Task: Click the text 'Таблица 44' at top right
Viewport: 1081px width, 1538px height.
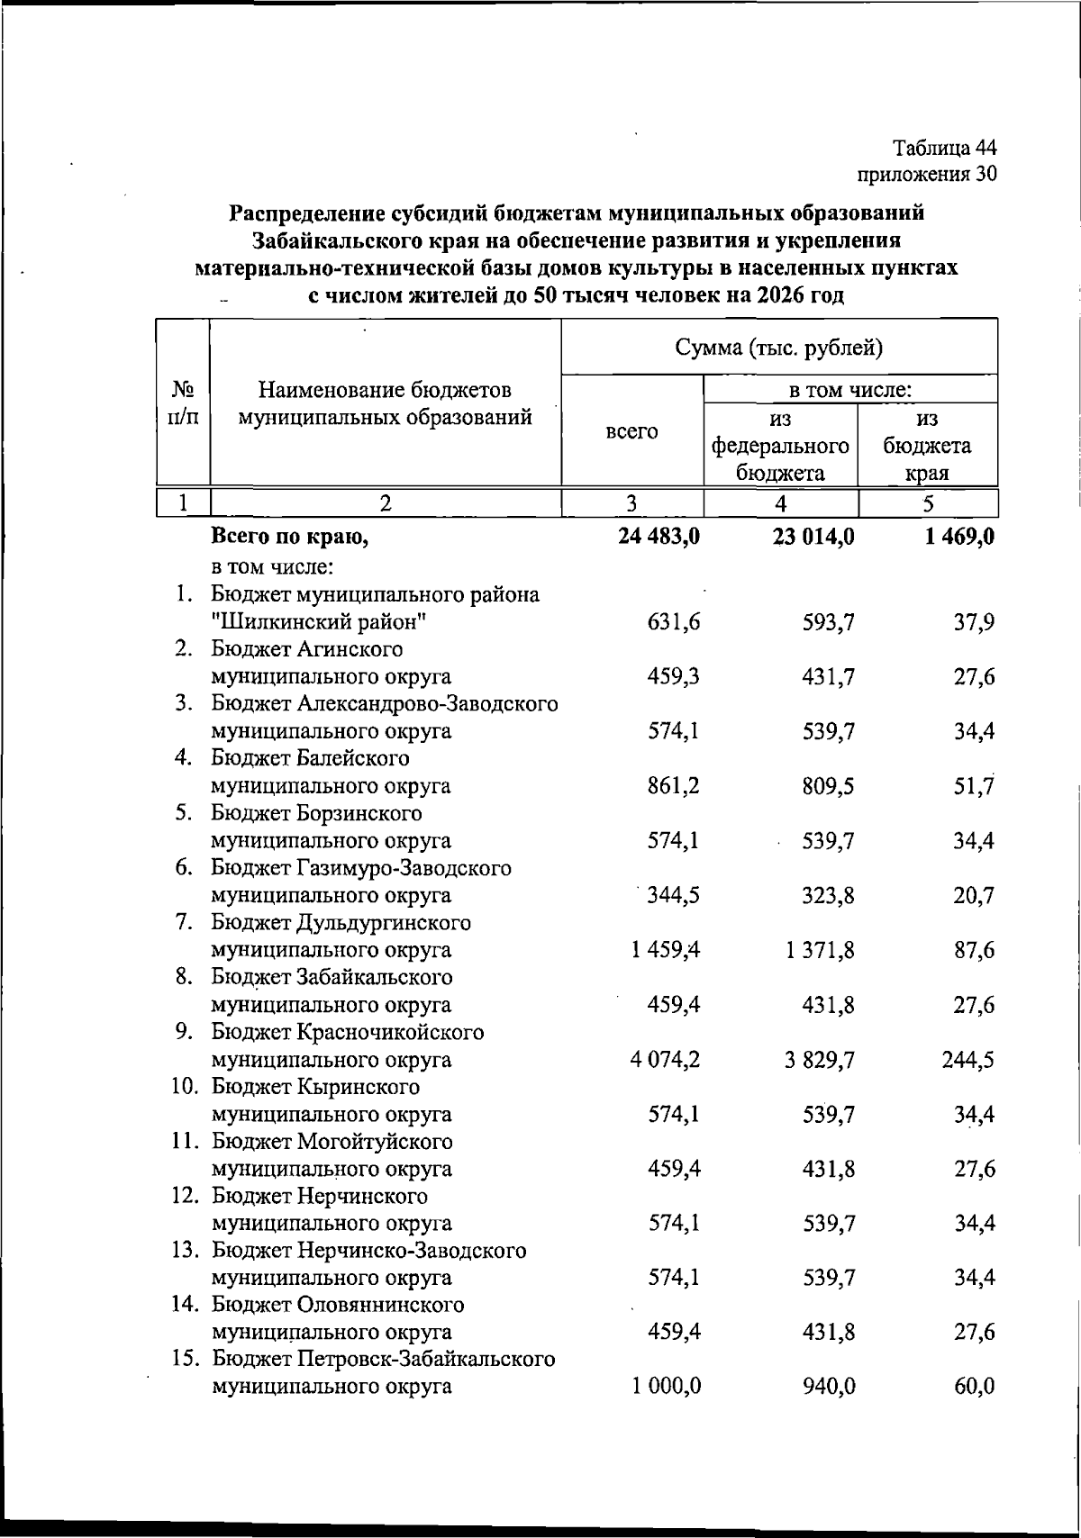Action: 945,148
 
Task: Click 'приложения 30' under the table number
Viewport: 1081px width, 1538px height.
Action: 926,174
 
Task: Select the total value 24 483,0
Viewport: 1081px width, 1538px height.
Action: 659,538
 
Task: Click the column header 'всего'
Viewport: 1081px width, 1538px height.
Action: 631,431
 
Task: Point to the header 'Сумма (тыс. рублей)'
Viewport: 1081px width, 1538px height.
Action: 779,348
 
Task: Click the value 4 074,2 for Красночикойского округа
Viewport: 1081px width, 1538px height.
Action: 666,1060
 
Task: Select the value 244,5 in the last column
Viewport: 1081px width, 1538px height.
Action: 969,1060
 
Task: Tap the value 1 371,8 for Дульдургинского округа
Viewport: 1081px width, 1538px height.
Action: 820,950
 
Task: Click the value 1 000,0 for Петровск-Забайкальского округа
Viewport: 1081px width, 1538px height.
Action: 666,1386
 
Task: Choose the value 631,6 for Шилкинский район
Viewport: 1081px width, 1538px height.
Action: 674,622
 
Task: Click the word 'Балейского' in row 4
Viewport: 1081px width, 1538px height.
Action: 352,758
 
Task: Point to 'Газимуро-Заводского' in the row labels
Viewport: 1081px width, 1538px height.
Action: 403,868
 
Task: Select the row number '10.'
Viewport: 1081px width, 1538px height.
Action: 186,1087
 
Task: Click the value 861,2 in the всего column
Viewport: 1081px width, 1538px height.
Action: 674,786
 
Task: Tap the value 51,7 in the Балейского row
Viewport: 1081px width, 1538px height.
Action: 975,786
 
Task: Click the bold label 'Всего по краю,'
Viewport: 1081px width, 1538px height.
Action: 289,538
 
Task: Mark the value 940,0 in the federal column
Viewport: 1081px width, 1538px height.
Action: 829,1386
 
